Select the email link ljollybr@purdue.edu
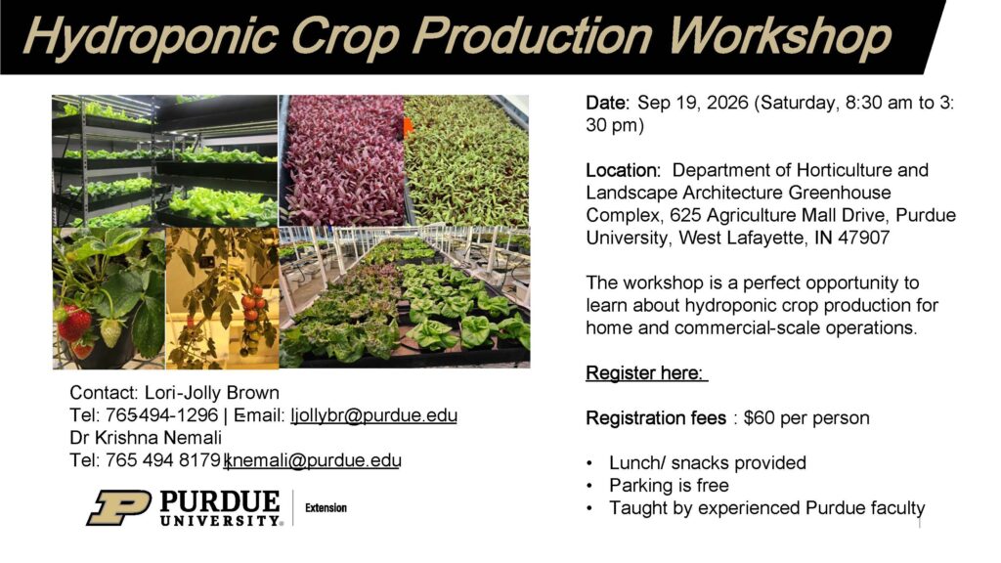tap(374, 415)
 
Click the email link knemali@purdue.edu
tap(314, 459)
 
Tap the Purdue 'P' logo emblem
tap(118, 507)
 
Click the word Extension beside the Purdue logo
tap(326, 508)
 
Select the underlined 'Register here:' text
tap(646, 372)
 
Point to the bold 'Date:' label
tap(608, 103)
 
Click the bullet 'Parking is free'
tap(669, 485)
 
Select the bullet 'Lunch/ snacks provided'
tap(707, 462)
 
